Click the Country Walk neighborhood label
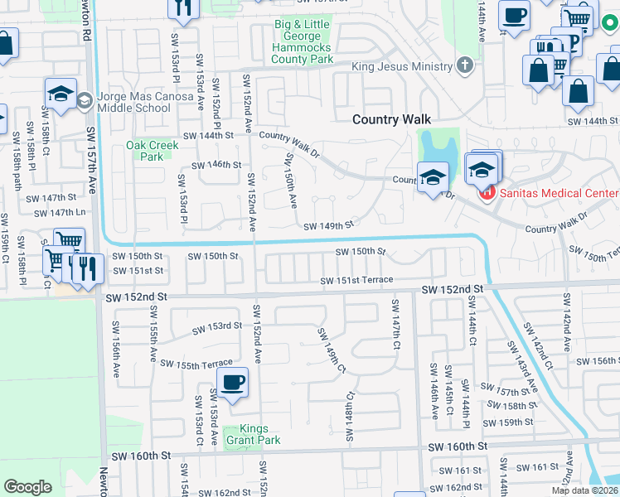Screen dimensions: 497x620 pos(391,119)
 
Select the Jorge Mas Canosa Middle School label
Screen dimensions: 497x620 pos(136,102)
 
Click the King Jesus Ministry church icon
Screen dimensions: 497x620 pos(465,65)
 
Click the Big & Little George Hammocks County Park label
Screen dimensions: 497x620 pos(303,42)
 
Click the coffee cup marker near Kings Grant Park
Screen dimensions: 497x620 pos(232,383)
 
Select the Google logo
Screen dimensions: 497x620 pos(27,487)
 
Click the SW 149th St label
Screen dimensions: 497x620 pos(328,225)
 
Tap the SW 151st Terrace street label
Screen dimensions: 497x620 pos(357,280)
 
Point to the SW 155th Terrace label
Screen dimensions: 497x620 pos(196,364)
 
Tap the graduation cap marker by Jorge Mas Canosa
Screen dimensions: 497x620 pos(61,94)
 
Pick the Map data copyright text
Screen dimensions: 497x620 pos(585,490)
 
